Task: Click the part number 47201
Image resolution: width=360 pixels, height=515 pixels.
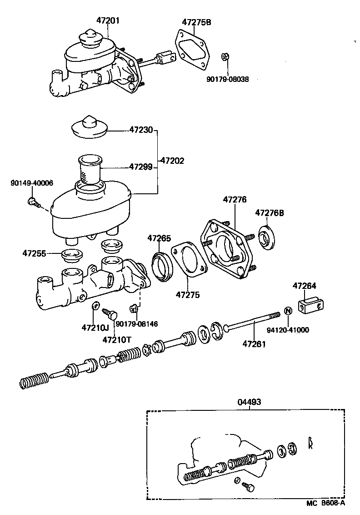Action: (x=108, y=20)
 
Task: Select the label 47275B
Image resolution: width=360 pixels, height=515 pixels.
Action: (x=197, y=22)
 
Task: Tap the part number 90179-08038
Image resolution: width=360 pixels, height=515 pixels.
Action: (x=227, y=78)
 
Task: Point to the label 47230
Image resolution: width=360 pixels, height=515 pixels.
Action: (x=141, y=130)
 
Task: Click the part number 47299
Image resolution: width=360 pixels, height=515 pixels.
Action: (x=141, y=167)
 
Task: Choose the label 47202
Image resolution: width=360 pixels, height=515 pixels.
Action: (x=172, y=161)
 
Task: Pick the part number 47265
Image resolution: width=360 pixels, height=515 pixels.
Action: (x=159, y=238)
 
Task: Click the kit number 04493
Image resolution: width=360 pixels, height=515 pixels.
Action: (x=249, y=402)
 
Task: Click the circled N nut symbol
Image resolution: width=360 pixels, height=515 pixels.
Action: (x=287, y=311)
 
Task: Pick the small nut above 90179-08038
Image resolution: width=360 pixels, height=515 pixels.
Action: (x=225, y=57)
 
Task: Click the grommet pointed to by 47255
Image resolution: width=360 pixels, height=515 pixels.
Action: (x=71, y=255)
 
